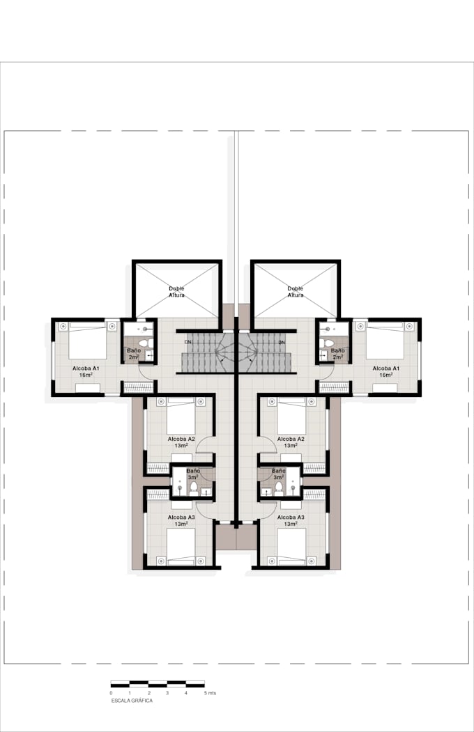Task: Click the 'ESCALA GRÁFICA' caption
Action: [x=132, y=701]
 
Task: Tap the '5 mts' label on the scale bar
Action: [x=210, y=694]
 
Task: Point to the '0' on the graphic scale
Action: [x=111, y=694]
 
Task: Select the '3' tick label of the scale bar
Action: [x=167, y=694]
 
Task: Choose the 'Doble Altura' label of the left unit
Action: [x=177, y=291]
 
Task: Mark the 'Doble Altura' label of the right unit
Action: [x=296, y=291]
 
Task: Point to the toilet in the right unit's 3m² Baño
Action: [x=278, y=488]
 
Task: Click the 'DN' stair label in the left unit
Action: [x=188, y=343]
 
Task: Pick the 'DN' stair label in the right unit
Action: [x=282, y=343]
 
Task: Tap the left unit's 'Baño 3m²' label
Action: [x=192, y=474]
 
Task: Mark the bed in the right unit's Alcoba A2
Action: [x=291, y=416]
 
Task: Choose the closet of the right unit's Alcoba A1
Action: [x=334, y=387]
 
